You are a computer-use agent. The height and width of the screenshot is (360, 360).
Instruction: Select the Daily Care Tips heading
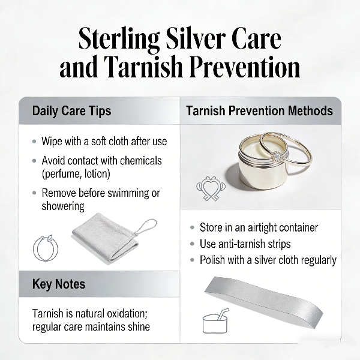click(71, 111)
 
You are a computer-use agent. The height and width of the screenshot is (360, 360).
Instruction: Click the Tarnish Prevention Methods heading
click(259, 111)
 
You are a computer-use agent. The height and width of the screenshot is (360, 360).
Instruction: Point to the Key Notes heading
click(59, 284)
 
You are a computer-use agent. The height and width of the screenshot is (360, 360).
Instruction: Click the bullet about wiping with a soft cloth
click(104, 142)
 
